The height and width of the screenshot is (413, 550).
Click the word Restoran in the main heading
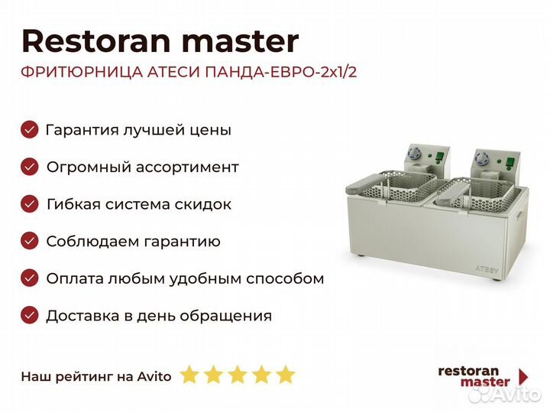pos(96,41)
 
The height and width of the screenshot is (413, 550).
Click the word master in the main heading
pos(241,42)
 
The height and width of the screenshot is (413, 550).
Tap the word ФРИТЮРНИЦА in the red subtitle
pos(82,72)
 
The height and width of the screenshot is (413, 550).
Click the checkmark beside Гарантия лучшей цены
pos(30,129)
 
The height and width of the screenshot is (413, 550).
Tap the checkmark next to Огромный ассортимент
pos(30,167)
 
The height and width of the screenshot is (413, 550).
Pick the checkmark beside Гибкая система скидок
pos(30,204)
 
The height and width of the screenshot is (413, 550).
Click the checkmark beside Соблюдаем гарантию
pos(30,241)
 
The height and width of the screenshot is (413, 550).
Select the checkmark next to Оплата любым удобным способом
pos(30,278)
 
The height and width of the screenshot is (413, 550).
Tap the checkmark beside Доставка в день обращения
pos(30,315)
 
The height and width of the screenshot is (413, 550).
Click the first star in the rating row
pos(189,375)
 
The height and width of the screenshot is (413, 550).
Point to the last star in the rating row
pos(286,375)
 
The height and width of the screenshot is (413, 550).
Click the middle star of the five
pos(238,375)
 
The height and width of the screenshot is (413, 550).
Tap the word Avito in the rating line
pos(154,376)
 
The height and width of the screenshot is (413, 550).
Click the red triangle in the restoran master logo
pos(523,377)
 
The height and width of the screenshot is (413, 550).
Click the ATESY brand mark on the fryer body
pos(486,270)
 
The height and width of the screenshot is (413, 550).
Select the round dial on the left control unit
pos(414,154)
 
